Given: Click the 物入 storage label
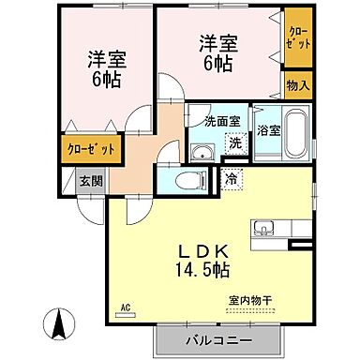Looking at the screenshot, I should (297, 85).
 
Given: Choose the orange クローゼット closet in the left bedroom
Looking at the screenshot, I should (90, 148).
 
